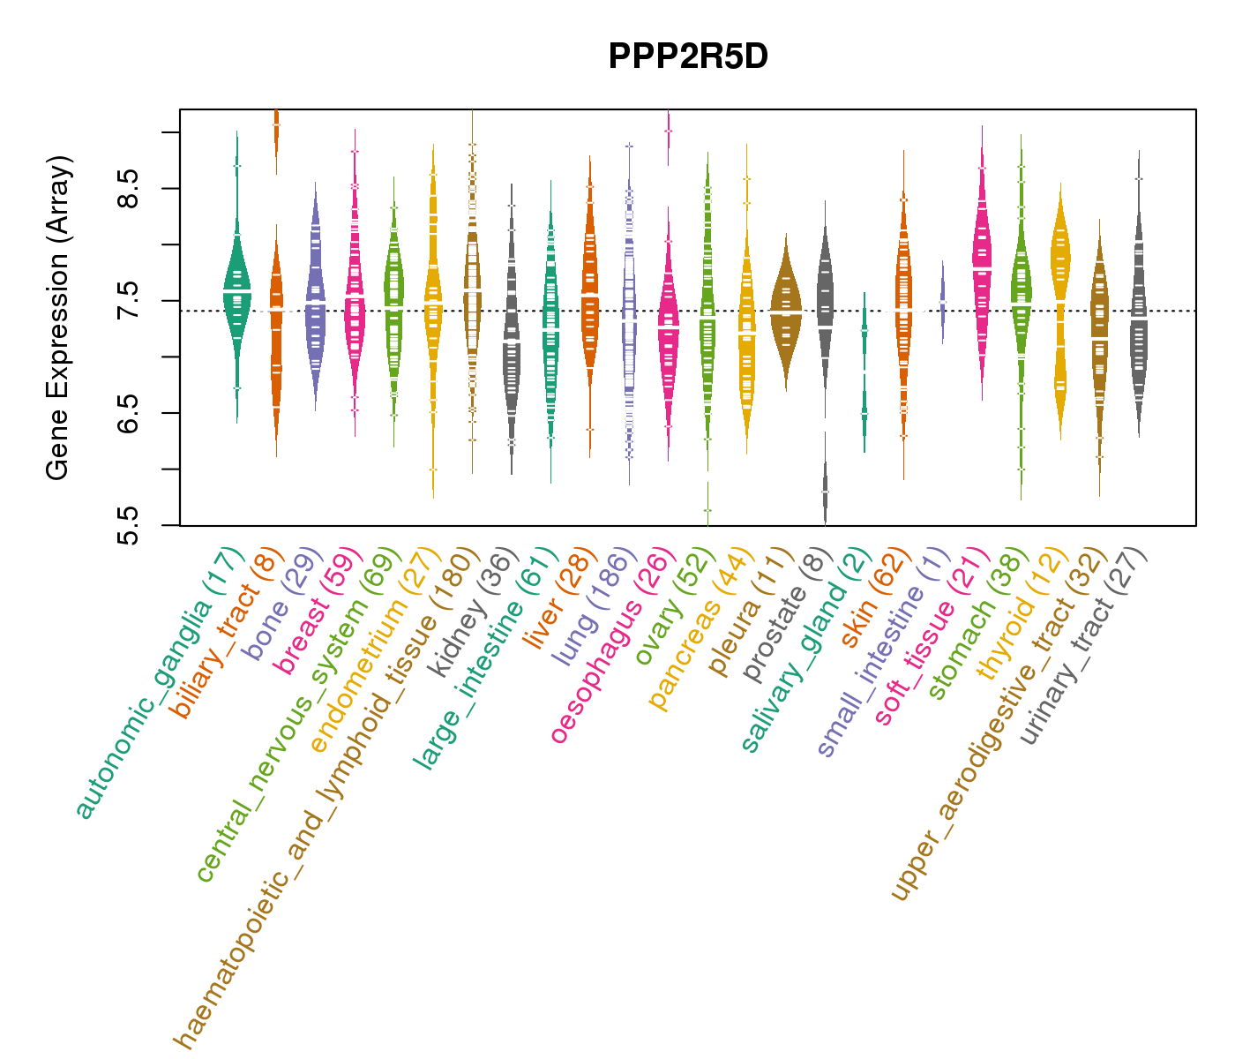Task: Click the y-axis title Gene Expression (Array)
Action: pyautogui.click(x=58, y=318)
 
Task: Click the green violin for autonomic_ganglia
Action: pyautogui.click(x=236, y=291)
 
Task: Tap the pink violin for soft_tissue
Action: pyautogui.click(x=982, y=265)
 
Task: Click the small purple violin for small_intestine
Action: pyautogui.click(x=942, y=300)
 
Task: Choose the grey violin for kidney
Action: pyautogui.click(x=511, y=344)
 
